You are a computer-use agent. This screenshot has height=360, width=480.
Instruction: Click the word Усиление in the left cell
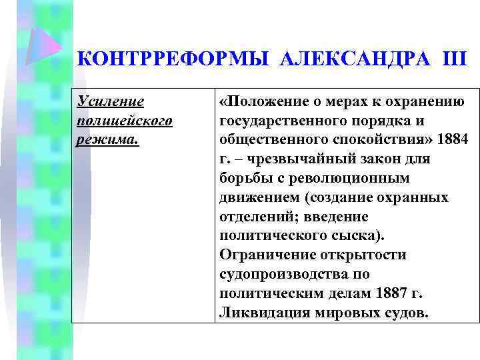click(111, 103)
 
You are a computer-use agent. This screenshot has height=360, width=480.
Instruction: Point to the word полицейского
click(125, 122)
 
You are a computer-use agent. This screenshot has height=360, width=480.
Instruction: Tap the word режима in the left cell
click(107, 141)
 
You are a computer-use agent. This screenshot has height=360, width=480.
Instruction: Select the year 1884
click(453, 141)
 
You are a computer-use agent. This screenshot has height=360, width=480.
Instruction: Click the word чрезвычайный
click(287, 160)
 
